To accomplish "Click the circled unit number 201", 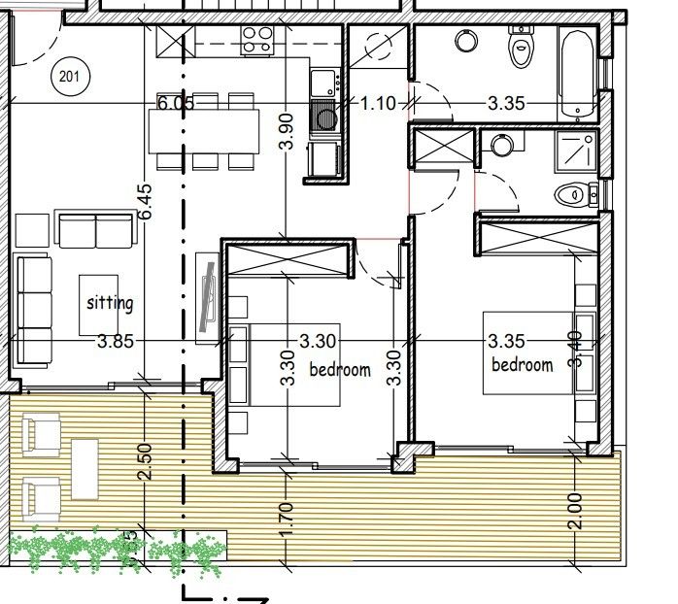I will (68, 76).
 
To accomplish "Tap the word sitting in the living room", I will (110, 302).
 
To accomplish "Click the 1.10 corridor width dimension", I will (378, 103).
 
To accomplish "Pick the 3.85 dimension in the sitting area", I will (116, 341).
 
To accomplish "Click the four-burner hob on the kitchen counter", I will (257, 39).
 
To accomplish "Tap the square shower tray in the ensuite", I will (575, 151).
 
